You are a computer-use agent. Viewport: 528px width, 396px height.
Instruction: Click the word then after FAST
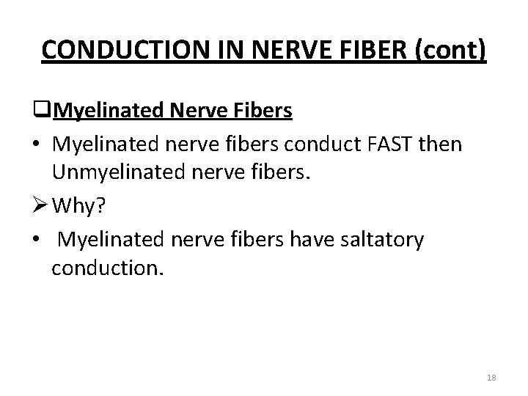coord(441,144)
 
